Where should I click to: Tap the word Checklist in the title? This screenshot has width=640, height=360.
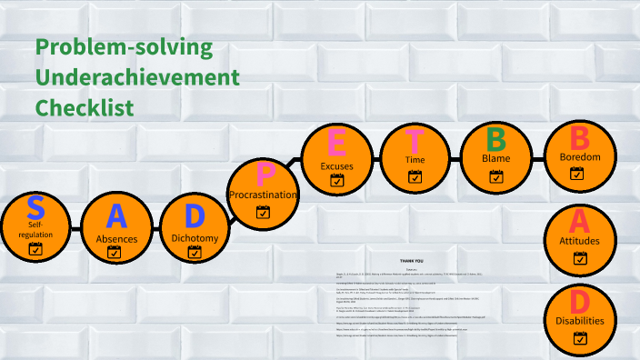pos(85,107)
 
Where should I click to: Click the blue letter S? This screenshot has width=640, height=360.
pos(35,207)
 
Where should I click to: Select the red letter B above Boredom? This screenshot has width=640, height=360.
pos(579,138)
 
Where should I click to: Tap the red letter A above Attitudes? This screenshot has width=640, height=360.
pos(579,221)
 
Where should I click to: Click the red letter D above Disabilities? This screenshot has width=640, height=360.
pos(579,302)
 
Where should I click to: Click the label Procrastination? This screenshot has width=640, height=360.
pos(264,195)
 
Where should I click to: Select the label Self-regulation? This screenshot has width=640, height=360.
pos(35,228)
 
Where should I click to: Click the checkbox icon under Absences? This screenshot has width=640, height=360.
pos(115,253)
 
